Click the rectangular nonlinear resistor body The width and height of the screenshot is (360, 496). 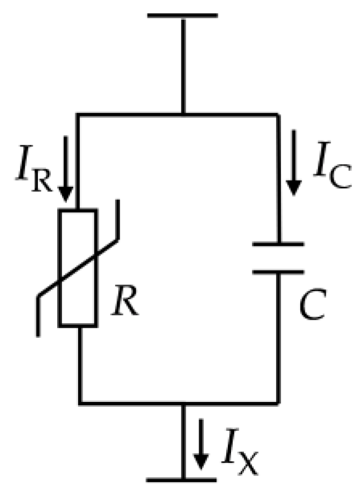[x=78, y=267]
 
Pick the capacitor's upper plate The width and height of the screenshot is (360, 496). [x=278, y=244]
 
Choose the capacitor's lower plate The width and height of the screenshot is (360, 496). [x=278, y=272]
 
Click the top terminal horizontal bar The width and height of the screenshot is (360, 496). [x=182, y=15]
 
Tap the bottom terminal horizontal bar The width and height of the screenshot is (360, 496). [x=182, y=479]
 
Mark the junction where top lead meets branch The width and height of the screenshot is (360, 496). [x=182, y=114]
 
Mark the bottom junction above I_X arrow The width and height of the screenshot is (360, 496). [x=182, y=402]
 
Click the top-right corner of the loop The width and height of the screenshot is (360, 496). [x=278, y=114]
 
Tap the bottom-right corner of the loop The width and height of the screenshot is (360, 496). [x=278, y=402]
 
